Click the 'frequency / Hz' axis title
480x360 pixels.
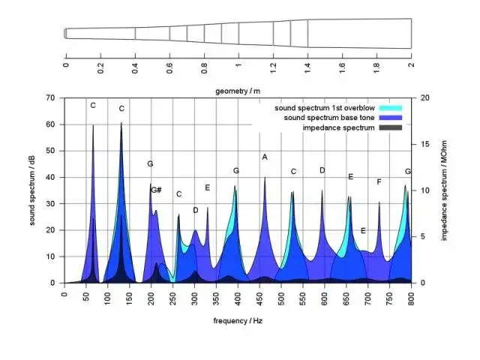(x=238, y=320)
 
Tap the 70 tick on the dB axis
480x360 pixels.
(x=51, y=98)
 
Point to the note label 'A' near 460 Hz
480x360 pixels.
(x=265, y=157)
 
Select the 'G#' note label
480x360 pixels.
(x=156, y=190)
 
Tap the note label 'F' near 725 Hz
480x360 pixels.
(x=379, y=181)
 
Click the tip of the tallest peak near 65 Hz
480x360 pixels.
(x=93, y=125)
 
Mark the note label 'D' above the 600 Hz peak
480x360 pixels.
(x=322, y=170)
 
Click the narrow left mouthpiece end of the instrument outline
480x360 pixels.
(x=66, y=33)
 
